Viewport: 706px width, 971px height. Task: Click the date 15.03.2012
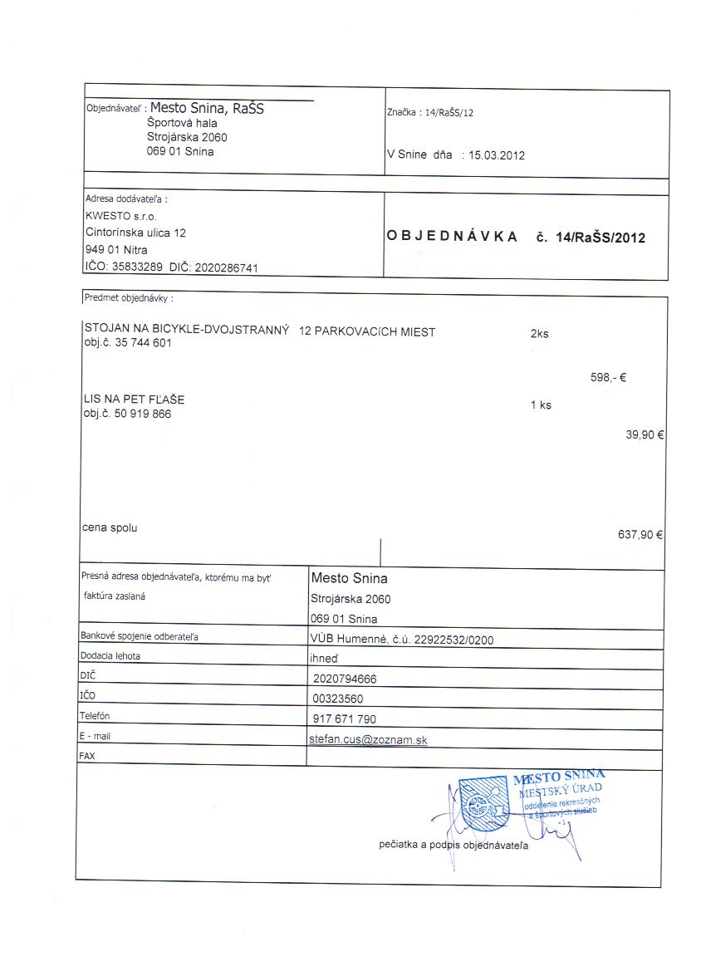(x=497, y=155)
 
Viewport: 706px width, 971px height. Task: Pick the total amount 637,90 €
(x=640, y=535)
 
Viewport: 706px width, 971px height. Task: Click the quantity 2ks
(x=539, y=334)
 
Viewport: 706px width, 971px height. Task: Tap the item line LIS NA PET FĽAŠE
(x=134, y=400)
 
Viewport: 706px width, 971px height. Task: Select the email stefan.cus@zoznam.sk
(x=368, y=738)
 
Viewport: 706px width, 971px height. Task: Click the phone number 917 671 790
(x=345, y=718)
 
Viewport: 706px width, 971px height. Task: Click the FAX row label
(x=86, y=757)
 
